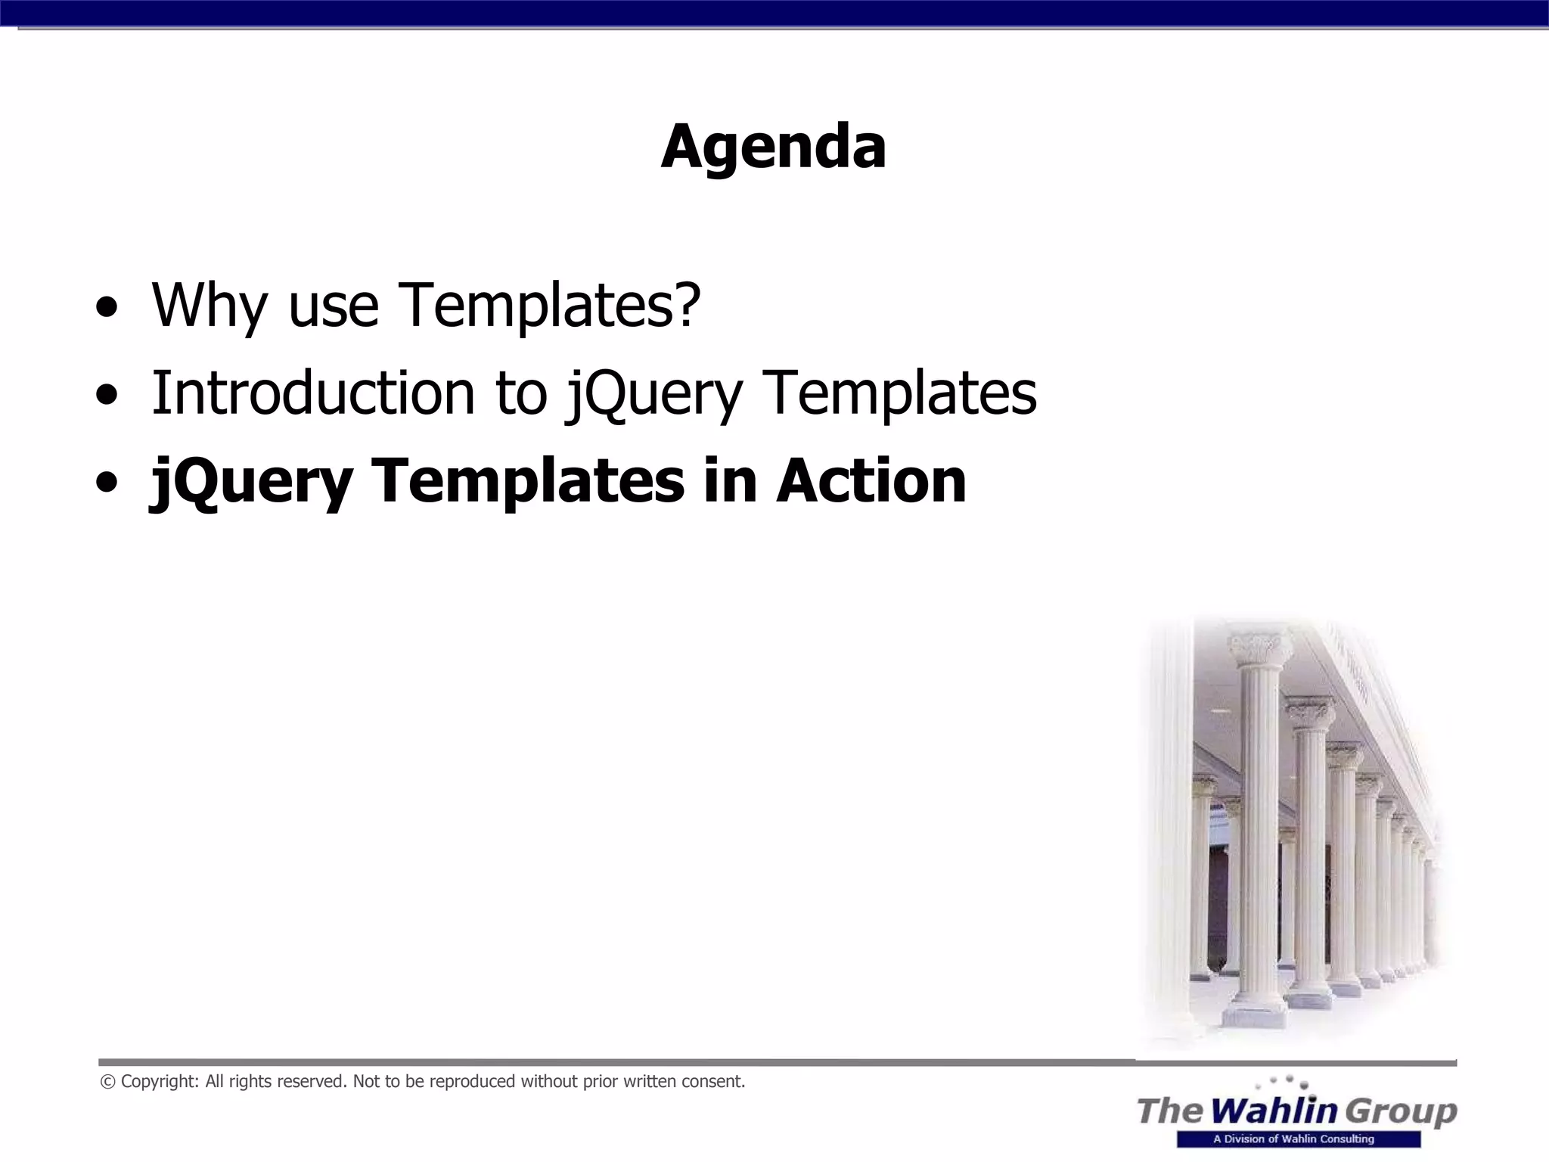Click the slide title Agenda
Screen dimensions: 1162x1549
point(773,147)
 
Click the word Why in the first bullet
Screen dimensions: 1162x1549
point(210,306)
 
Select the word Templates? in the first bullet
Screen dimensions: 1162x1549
point(550,306)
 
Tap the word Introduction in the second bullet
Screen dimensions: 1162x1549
point(312,393)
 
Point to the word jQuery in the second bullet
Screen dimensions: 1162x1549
point(654,395)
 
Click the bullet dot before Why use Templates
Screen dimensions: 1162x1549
point(107,309)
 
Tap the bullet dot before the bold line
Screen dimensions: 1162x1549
point(107,483)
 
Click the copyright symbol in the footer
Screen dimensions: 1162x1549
point(107,1082)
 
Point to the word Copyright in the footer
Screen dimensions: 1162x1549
point(160,1082)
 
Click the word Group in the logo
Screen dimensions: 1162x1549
point(1401,1111)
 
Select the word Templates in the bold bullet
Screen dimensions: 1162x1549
point(527,483)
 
